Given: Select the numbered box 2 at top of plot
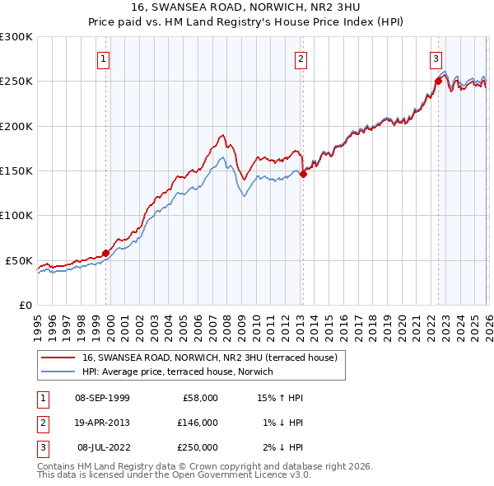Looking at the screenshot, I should tap(301, 58).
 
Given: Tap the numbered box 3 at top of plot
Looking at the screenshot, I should tap(436, 58).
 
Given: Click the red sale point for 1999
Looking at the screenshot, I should tap(105, 253).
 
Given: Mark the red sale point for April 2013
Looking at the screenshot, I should tap(303, 174).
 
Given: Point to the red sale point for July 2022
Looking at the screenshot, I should tap(438, 81).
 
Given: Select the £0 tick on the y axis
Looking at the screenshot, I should tap(25, 305).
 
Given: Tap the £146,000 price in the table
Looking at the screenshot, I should tap(198, 423).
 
